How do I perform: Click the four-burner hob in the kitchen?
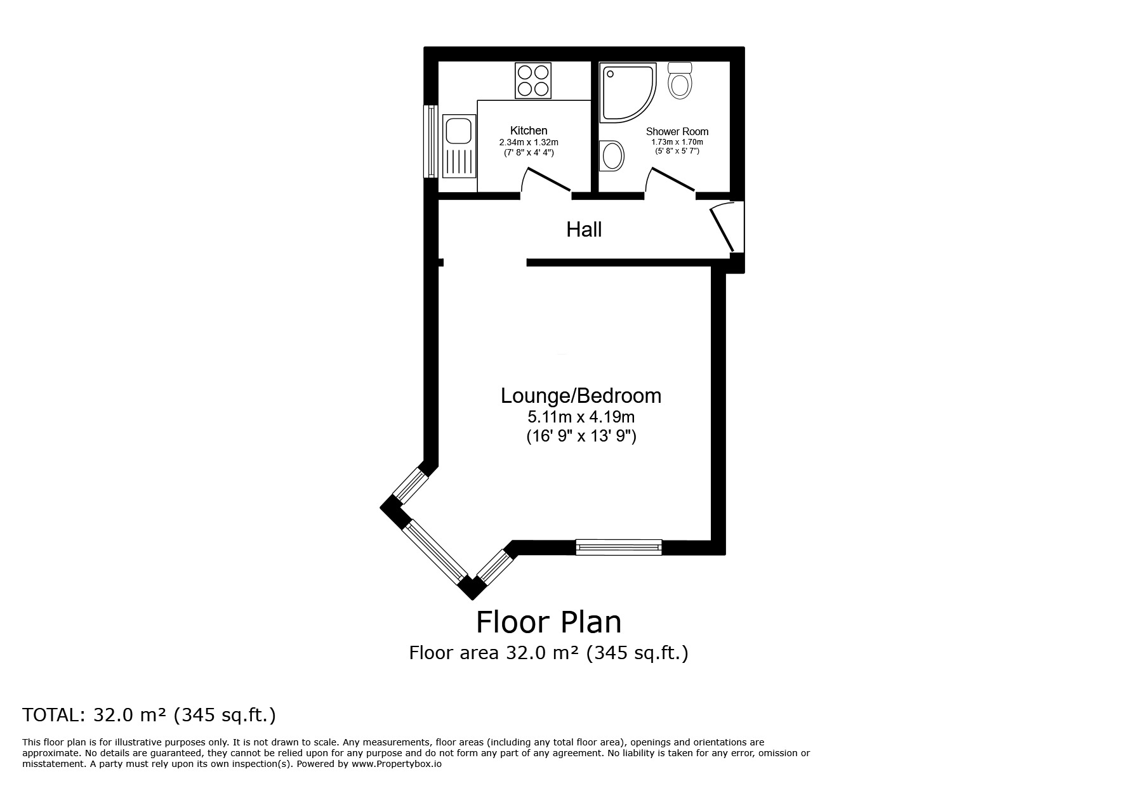pyautogui.click(x=533, y=81)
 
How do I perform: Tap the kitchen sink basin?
pyautogui.click(x=457, y=132)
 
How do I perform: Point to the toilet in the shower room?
pyautogui.click(x=680, y=80)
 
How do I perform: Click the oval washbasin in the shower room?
pyautogui.click(x=612, y=155)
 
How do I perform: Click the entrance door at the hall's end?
pyautogui.click(x=724, y=226)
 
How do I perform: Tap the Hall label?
pyautogui.click(x=584, y=230)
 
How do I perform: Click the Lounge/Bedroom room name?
pyautogui.click(x=581, y=396)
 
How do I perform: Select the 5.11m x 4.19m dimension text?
pyautogui.click(x=581, y=417)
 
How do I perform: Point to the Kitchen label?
pyautogui.click(x=529, y=131)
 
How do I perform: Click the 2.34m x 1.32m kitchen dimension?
pyautogui.click(x=529, y=143)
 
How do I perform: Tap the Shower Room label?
pyautogui.click(x=677, y=131)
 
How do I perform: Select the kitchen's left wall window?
pyautogui.click(x=431, y=141)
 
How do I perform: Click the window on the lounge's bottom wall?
pyautogui.click(x=618, y=547)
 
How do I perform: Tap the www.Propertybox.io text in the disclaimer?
pyautogui.click(x=397, y=764)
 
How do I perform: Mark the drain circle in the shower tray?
pyautogui.click(x=611, y=74)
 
